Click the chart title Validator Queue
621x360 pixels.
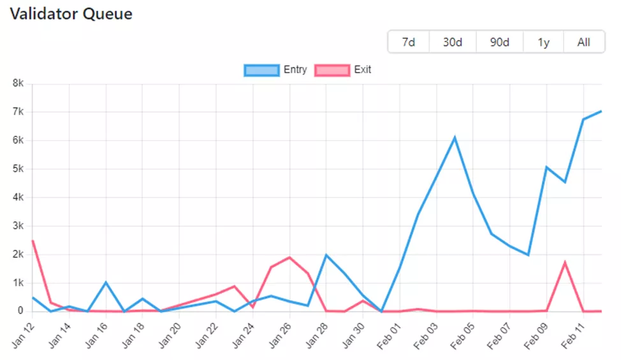[x=71, y=14]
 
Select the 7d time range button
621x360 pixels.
[x=409, y=43]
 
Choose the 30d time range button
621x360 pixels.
[x=453, y=43]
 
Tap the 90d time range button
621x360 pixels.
[x=499, y=43]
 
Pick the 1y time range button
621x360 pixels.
[x=543, y=43]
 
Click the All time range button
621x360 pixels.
[x=583, y=43]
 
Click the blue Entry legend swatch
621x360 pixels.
[x=261, y=70]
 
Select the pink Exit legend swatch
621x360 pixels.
[x=332, y=70]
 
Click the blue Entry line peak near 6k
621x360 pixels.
[x=455, y=137]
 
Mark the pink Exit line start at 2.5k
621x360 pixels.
[x=33, y=240]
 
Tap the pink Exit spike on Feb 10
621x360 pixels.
[x=565, y=262]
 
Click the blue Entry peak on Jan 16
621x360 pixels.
[x=106, y=282]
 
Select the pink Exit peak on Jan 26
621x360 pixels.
[x=289, y=257]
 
